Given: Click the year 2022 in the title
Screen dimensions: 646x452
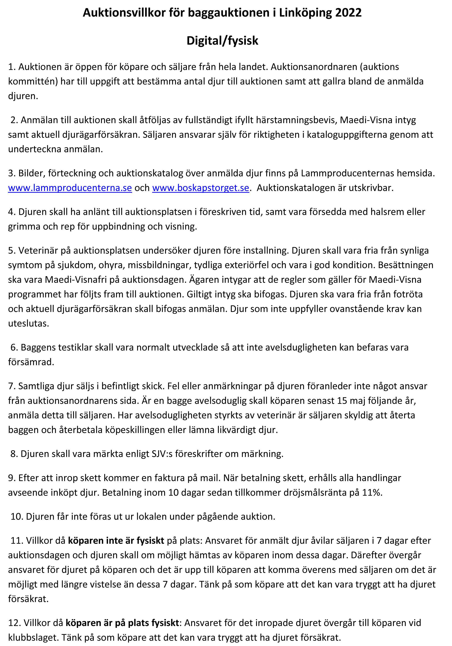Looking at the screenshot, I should (x=348, y=13).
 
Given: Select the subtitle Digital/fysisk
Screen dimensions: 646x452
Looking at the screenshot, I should (x=222, y=41).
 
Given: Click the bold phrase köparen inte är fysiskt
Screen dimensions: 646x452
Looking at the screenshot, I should (x=116, y=541).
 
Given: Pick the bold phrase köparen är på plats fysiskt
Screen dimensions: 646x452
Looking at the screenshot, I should (x=122, y=623).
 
